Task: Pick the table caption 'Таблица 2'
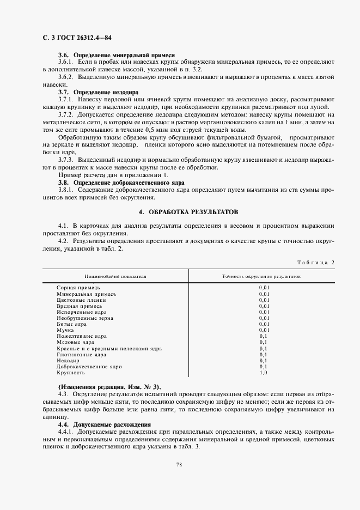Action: [316, 262]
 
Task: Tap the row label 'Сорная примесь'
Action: [78, 287]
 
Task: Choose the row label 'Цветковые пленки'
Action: [81, 300]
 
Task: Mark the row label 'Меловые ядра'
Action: [75, 342]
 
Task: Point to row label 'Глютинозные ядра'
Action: [82, 354]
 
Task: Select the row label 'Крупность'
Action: [71, 373]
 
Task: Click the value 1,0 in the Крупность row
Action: [264, 373]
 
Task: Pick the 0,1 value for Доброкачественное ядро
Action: [264, 367]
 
